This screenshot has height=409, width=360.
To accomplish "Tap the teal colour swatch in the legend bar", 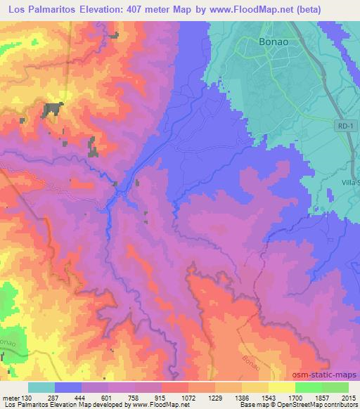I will tap(41, 387).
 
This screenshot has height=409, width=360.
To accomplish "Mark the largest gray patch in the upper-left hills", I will tap(52, 108).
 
